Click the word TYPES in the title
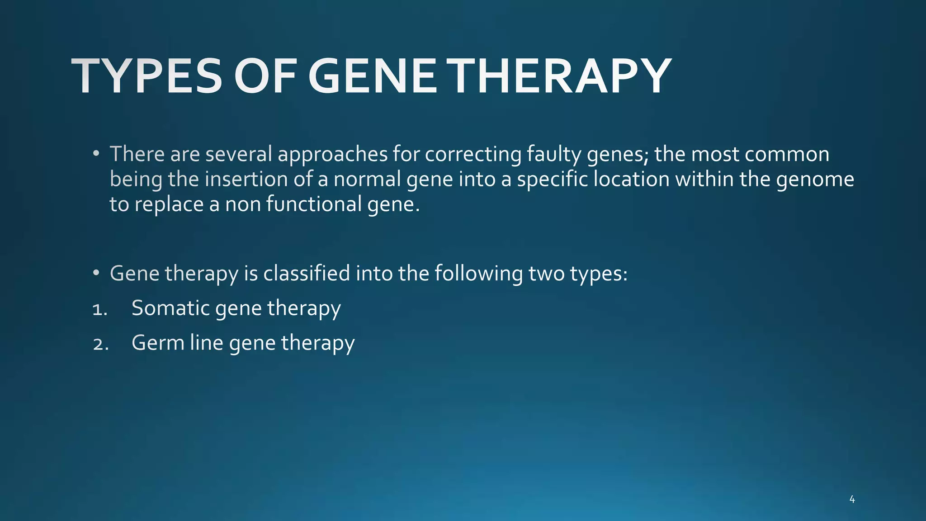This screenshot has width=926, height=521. click(x=147, y=76)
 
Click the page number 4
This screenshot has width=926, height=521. click(x=852, y=499)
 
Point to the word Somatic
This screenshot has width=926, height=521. click(x=170, y=308)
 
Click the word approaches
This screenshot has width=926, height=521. click(x=332, y=154)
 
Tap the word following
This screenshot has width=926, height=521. click(x=478, y=273)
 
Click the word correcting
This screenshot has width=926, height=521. click(x=472, y=154)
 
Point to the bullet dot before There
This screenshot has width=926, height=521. click(x=95, y=154)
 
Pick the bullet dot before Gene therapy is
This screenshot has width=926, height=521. click(x=95, y=273)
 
